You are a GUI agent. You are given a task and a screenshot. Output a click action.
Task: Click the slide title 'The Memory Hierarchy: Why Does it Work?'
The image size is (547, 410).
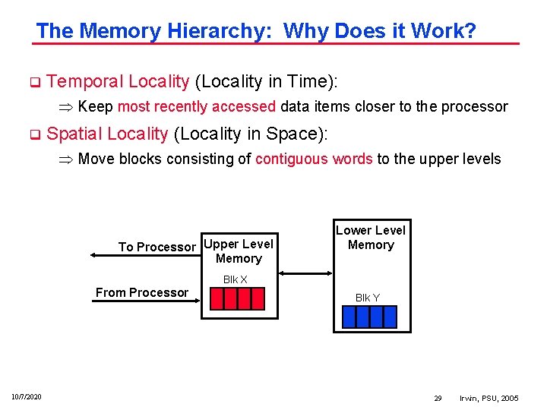[x=256, y=31]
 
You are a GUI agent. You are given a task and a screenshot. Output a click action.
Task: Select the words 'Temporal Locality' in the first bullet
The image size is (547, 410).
[x=118, y=81]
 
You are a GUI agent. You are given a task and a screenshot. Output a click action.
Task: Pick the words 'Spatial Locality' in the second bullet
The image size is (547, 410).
[x=107, y=134]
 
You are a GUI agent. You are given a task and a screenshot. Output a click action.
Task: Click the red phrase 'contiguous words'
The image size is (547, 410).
[x=314, y=159]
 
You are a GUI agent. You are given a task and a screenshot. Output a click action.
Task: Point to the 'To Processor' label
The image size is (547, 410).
[x=157, y=247]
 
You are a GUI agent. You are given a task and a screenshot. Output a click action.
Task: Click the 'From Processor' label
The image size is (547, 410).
[x=142, y=292]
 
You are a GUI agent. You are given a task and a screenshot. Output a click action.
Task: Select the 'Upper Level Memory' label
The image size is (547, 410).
[x=239, y=251]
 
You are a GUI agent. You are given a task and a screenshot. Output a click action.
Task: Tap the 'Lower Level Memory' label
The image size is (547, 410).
[x=371, y=238]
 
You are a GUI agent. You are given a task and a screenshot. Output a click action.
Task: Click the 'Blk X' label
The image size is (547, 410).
[x=235, y=279]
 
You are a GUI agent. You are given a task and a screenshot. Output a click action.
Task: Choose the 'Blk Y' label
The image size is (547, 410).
[x=368, y=298]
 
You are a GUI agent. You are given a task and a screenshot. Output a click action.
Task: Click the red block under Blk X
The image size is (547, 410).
[x=236, y=299]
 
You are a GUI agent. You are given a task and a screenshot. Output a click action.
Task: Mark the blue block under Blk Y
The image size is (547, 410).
[x=369, y=317]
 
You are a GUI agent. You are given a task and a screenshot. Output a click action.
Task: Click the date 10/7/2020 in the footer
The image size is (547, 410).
[x=27, y=397]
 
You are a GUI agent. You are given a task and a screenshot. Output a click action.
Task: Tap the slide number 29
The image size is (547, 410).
[x=438, y=398]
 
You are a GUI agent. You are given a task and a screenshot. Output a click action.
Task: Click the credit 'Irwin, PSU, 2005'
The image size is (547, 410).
[x=489, y=398]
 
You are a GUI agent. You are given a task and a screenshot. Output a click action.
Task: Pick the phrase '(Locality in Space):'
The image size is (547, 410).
[x=251, y=134]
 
